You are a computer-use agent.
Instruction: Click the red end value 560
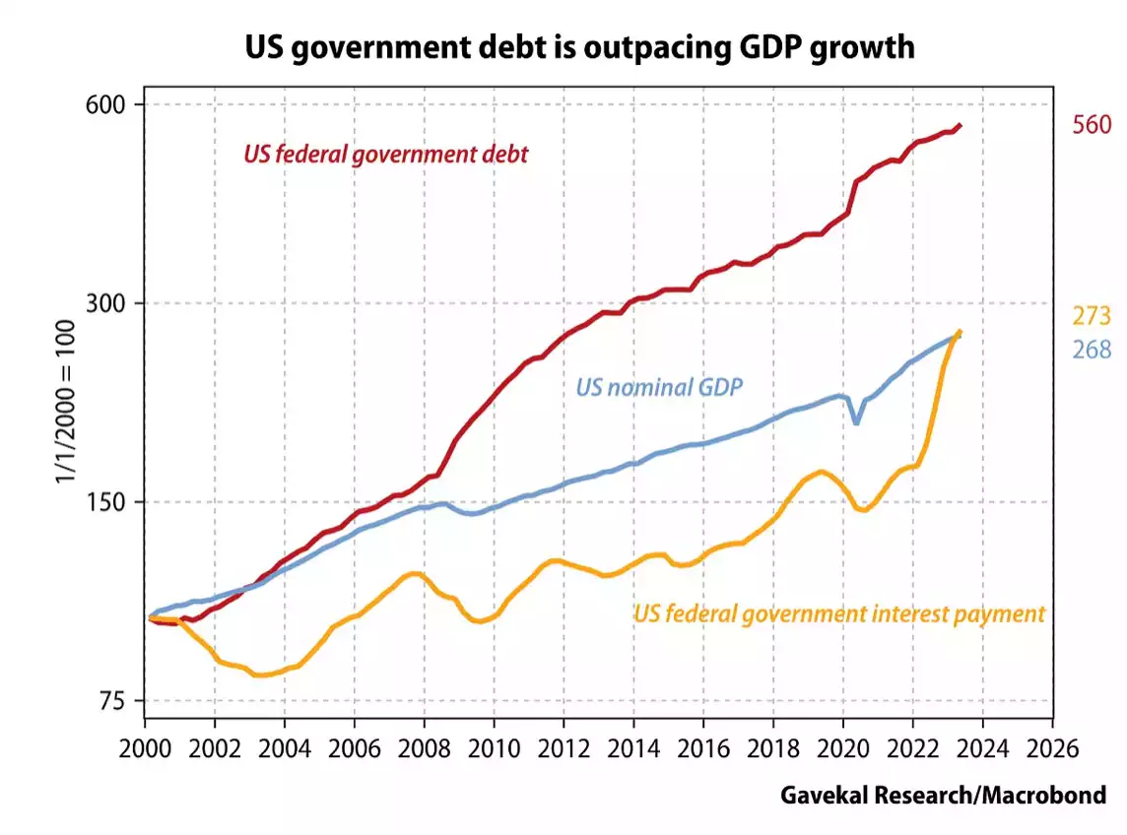(x=1092, y=125)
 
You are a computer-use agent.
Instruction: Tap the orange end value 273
(x=1092, y=316)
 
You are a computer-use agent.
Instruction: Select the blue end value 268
(x=1092, y=350)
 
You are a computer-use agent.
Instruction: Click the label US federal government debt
(x=385, y=154)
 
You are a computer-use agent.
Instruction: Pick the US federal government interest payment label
(x=838, y=614)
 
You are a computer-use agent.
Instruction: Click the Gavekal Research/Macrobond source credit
(x=943, y=795)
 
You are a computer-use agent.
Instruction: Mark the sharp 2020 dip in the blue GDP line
(x=856, y=422)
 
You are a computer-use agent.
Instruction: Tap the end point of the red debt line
(x=961, y=125)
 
